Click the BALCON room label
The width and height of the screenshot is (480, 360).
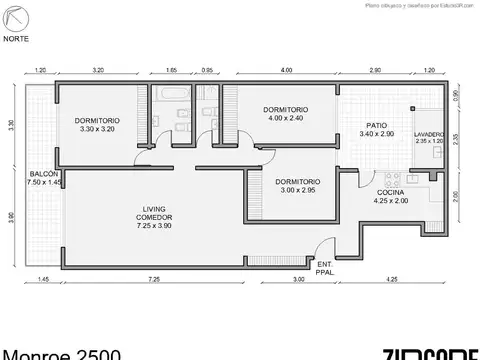[x=43, y=174]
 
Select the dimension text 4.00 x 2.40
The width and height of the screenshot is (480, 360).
[x=285, y=117]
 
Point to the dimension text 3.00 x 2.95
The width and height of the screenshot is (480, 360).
[x=296, y=188]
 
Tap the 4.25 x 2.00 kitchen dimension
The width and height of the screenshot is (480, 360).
[x=389, y=200]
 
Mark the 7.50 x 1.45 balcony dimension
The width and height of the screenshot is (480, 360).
[x=44, y=183]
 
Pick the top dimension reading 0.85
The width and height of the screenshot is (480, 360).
[x=206, y=72]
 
